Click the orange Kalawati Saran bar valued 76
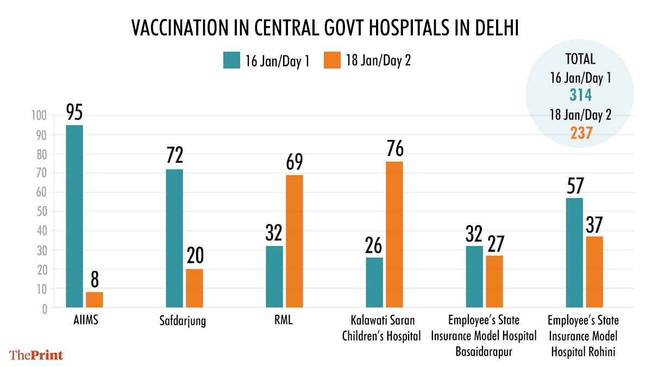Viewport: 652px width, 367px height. (x=394, y=234)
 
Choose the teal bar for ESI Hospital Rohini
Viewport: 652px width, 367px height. (x=574, y=253)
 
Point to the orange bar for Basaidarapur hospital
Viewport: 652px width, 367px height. (x=494, y=282)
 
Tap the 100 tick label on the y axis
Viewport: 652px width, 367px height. (x=40, y=115)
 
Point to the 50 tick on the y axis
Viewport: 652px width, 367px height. (x=42, y=212)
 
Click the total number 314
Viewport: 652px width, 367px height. (x=580, y=96)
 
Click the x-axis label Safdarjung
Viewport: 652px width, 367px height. (x=183, y=321)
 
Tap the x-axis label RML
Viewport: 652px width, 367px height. (x=284, y=321)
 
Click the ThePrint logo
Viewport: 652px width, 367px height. (x=37, y=355)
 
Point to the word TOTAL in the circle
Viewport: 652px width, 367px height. (x=580, y=59)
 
